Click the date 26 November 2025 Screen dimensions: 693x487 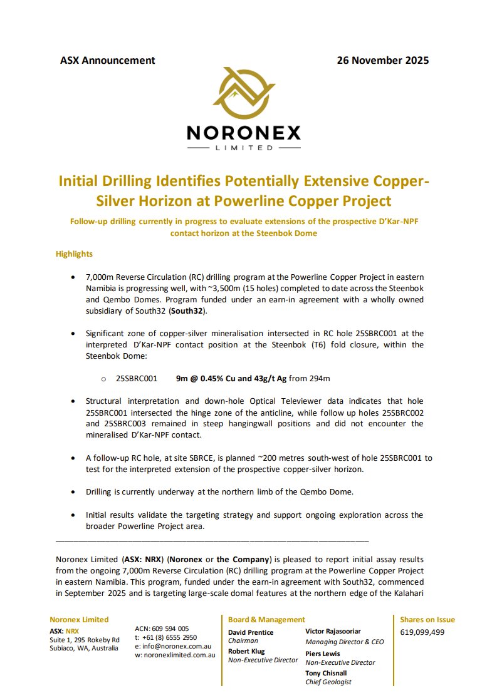(382, 61)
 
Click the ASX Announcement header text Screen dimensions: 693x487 (107, 61)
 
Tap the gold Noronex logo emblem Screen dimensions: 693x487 (243, 94)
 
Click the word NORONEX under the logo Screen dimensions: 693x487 (243, 133)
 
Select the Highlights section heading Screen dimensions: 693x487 (74, 254)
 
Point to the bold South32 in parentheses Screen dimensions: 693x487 (186, 311)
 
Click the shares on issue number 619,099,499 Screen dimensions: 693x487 (422, 632)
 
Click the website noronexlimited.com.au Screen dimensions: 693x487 (175, 655)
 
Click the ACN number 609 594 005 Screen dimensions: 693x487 (162, 628)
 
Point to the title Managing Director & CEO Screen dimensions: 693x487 (344, 642)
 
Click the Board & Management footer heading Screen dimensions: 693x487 (266, 620)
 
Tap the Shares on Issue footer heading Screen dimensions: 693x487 (427, 620)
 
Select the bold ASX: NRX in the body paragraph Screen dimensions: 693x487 (143, 559)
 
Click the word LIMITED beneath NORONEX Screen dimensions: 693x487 (244, 148)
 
